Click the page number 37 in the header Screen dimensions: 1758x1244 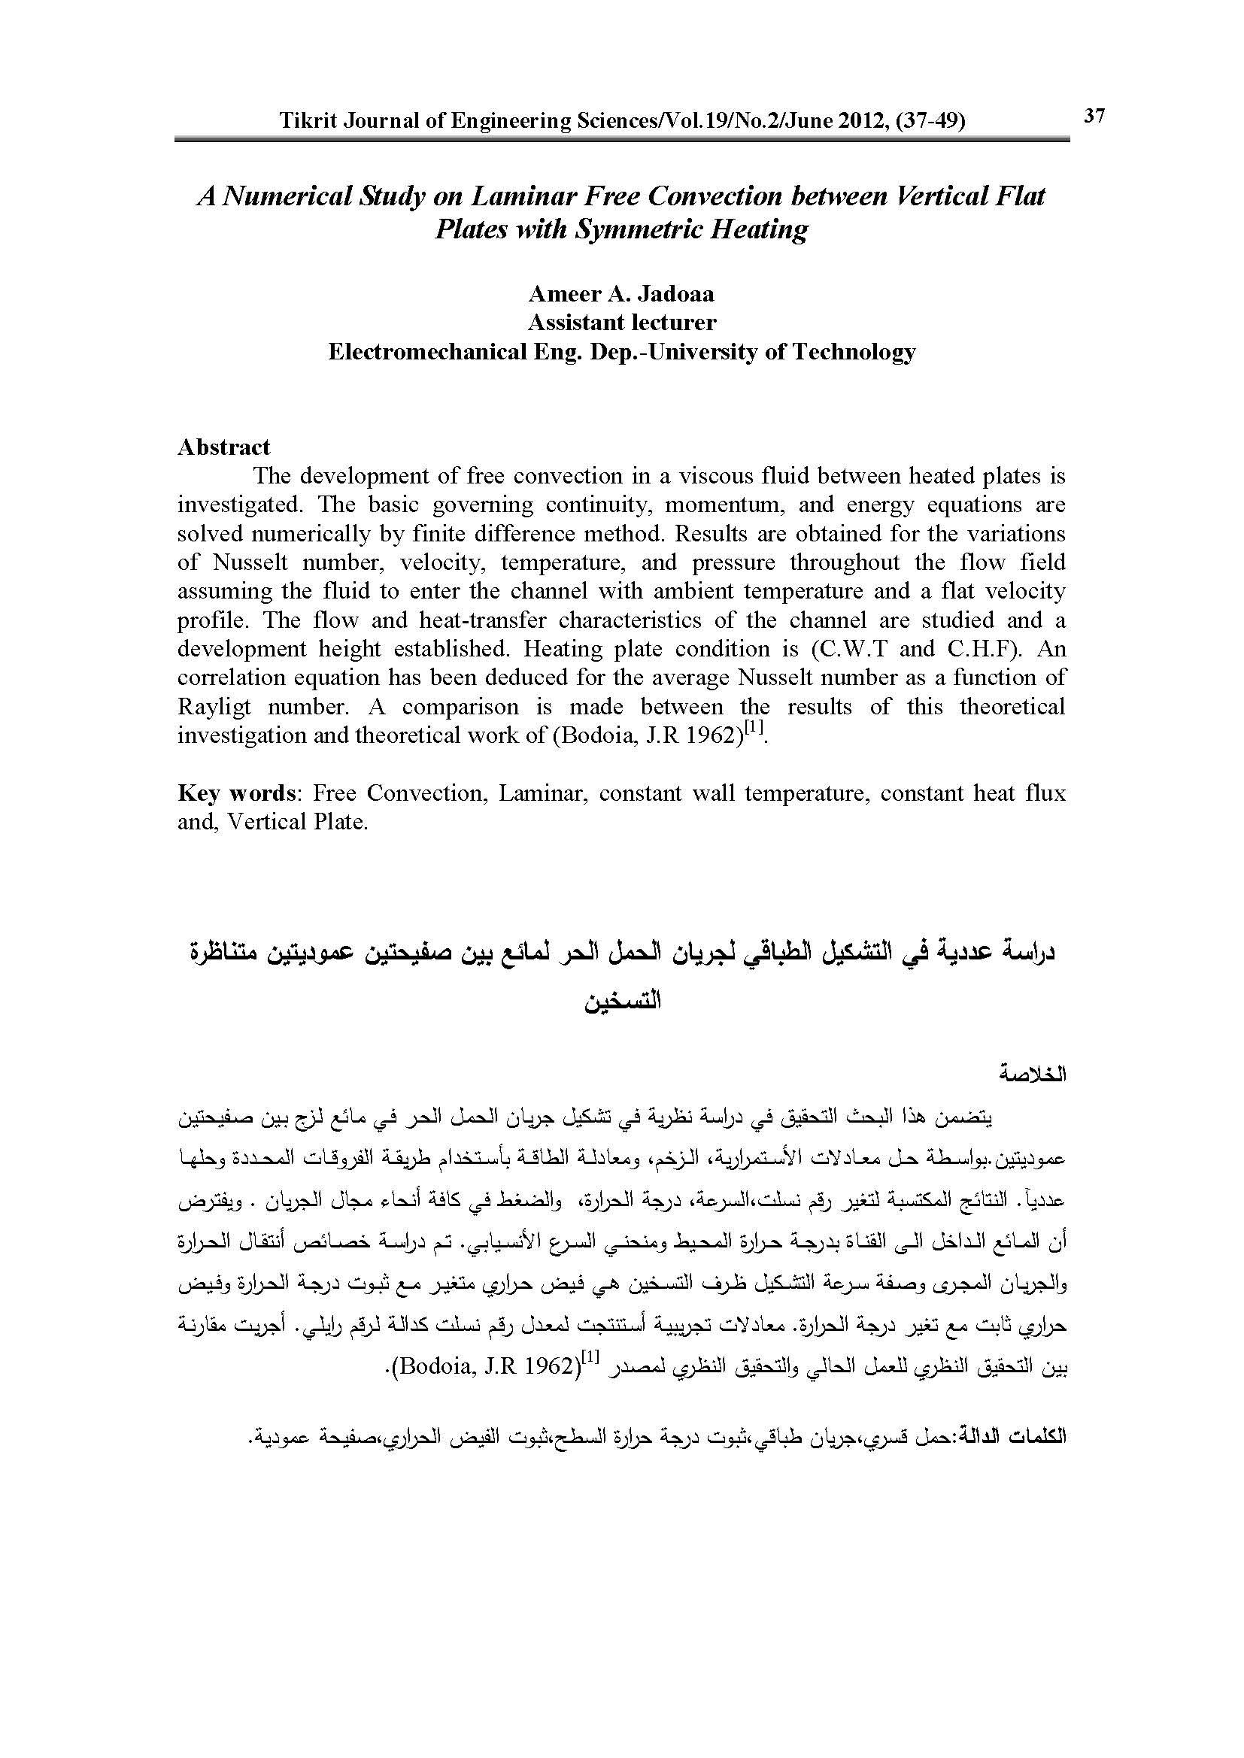coord(1094,117)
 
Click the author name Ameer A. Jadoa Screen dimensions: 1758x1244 coord(621,294)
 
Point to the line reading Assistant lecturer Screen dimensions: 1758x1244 coord(621,323)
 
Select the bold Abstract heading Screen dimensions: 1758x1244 coord(223,447)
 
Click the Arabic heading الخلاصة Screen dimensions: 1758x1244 coord(1033,1075)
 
